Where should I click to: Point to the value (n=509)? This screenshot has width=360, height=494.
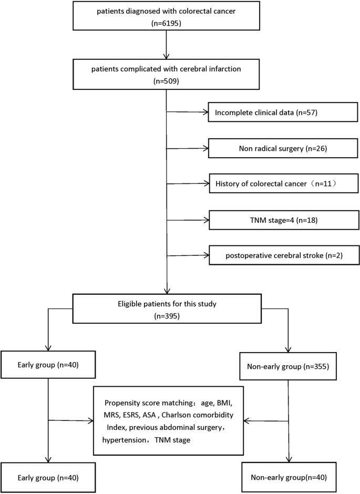167,82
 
